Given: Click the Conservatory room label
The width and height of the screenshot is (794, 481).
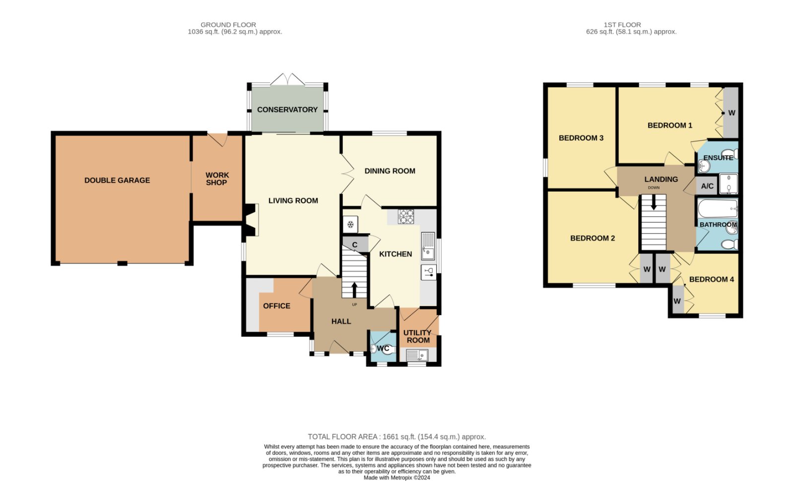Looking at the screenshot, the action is click(x=287, y=110).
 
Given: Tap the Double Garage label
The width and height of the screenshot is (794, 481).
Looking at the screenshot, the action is click(x=117, y=180).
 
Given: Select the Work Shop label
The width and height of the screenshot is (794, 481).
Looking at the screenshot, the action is click(x=217, y=179).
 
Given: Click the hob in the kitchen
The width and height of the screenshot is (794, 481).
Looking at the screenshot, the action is click(x=406, y=216).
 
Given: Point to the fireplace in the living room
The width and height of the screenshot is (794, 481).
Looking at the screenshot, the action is click(x=251, y=220).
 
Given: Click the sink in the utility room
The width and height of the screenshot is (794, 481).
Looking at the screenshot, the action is click(x=417, y=355).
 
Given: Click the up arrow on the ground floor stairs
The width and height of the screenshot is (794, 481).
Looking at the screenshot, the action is click(x=354, y=289).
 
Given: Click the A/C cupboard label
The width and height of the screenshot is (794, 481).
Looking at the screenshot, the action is click(x=708, y=186).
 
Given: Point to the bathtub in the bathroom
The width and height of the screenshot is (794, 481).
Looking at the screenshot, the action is click(x=718, y=208).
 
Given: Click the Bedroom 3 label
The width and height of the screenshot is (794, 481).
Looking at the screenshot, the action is click(x=581, y=138).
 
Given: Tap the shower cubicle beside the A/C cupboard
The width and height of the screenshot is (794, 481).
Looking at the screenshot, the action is click(x=728, y=184).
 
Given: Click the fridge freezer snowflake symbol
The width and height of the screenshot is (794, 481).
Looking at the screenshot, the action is click(x=350, y=224).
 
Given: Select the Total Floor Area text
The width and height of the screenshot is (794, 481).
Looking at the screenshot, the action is click(x=397, y=437).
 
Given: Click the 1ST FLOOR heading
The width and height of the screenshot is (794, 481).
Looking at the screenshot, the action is click(x=622, y=25).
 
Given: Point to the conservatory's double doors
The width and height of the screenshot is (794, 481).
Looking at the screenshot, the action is click(x=287, y=79).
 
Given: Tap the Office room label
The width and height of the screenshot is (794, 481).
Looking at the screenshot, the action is click(x=276, y=306).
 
